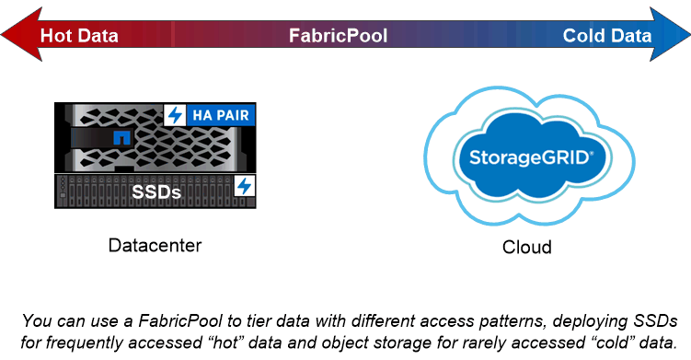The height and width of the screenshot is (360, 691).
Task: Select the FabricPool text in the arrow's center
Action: click(x=338, y=36)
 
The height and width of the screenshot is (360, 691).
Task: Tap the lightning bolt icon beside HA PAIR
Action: click(x=174, y=116)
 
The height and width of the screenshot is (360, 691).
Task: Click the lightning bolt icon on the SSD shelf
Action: click(x=244, y=186)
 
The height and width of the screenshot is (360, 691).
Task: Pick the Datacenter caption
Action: click(x=155, y=246)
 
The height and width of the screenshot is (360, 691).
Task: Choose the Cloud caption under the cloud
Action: click(x=526, y=248)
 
